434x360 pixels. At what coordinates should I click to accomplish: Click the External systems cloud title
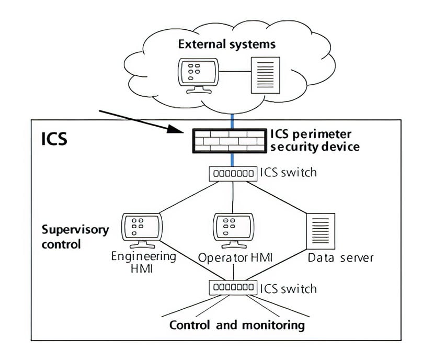coord(226,43)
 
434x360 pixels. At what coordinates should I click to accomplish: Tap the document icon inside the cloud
coord(266,73)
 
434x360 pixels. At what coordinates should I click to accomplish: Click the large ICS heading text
coord(54,140)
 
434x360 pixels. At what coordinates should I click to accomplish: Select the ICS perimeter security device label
coord(315,140)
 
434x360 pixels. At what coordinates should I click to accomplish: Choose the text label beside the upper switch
coord(289,172)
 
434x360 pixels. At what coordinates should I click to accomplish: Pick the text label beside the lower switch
coord(289,288)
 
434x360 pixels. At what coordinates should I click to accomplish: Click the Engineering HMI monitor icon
coord(139,229)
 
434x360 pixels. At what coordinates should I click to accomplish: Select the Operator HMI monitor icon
coord(233,229)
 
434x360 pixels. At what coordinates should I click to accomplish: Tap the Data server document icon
coord(319,228)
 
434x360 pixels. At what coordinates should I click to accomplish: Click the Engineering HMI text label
coord(144,263)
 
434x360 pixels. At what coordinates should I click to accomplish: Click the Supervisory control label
coord(75,237)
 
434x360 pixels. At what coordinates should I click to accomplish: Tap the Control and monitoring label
coord(237,325)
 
